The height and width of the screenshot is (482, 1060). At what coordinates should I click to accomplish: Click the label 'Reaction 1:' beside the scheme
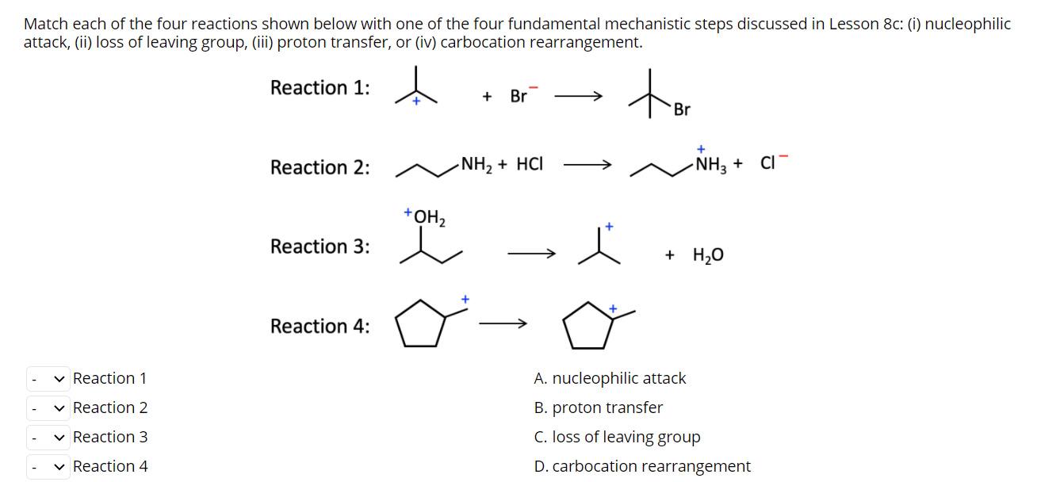(320, 88)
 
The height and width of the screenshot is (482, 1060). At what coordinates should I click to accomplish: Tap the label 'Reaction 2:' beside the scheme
(320, 168)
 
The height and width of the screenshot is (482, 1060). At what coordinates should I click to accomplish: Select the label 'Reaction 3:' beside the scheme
(320, 247)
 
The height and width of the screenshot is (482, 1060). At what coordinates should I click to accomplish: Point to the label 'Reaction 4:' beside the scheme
(320, 327)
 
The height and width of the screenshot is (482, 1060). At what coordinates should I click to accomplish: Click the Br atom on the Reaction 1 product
(682, 110)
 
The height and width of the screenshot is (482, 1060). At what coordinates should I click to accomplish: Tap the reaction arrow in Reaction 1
(578, 97)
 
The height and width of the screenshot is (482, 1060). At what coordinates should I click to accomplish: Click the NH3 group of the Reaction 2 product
(708, 165)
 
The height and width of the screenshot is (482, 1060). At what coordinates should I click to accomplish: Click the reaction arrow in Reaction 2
(587, 166)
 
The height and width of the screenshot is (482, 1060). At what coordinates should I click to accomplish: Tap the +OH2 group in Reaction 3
(425, 216)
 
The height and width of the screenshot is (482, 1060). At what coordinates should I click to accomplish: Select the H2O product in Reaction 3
(708, 255)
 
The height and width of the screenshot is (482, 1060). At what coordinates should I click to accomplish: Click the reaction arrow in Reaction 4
(503, 323)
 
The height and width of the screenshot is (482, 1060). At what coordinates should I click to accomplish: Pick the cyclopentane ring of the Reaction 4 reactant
(421, 325)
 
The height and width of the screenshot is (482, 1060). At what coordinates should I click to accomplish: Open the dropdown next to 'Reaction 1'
(48, 379)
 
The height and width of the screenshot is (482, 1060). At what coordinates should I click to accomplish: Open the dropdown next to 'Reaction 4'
(48, 467)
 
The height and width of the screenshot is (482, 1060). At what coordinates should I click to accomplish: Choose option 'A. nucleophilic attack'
(610, 379)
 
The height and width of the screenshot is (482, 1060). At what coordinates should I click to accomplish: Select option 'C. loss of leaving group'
(617, 438)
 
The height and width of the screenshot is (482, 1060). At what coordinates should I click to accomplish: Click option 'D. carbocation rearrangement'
(642, 467)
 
